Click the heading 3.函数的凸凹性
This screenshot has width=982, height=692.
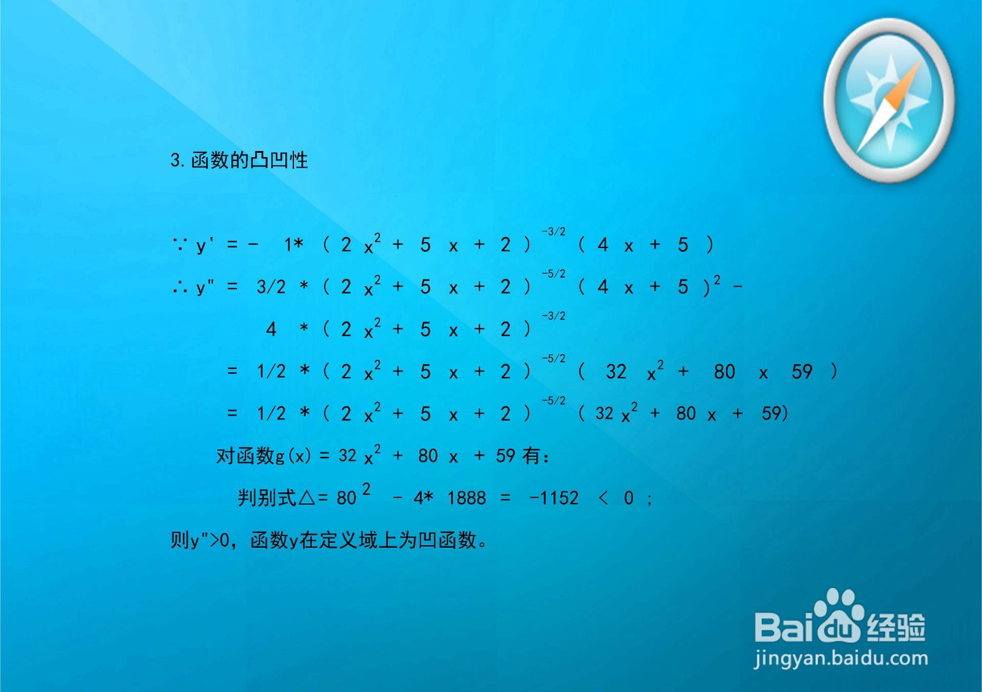click(239, 160)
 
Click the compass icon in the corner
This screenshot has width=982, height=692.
click(888, 100)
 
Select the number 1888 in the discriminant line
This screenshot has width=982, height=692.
click(466, 498)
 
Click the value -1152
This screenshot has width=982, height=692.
click(554, 498)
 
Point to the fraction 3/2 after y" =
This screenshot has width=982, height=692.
click(271, 287)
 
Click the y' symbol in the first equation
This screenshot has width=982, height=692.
click(205, 245)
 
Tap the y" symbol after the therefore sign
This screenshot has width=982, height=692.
click(205, 287)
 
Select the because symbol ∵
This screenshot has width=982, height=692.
click(179, 245)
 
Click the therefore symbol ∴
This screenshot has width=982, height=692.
click(179, 287)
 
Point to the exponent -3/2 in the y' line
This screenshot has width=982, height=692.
click(553, 231)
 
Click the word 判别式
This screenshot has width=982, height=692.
click(268, 498)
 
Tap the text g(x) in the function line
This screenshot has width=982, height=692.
click(293, 456)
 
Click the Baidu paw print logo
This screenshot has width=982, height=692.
click(837, 617)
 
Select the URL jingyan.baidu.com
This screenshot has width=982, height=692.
click(841, 659)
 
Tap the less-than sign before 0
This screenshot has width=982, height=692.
click(603, 498)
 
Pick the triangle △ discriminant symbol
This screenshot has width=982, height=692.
click(306, 498)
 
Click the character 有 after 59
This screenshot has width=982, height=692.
click(531, 456)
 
